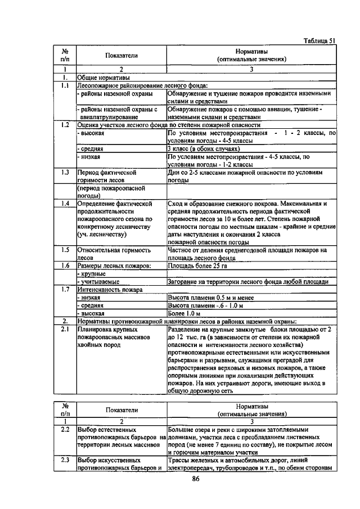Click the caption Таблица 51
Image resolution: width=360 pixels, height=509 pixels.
[x=319, y=40]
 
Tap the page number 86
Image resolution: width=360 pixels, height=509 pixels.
[x=196, y=479]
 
